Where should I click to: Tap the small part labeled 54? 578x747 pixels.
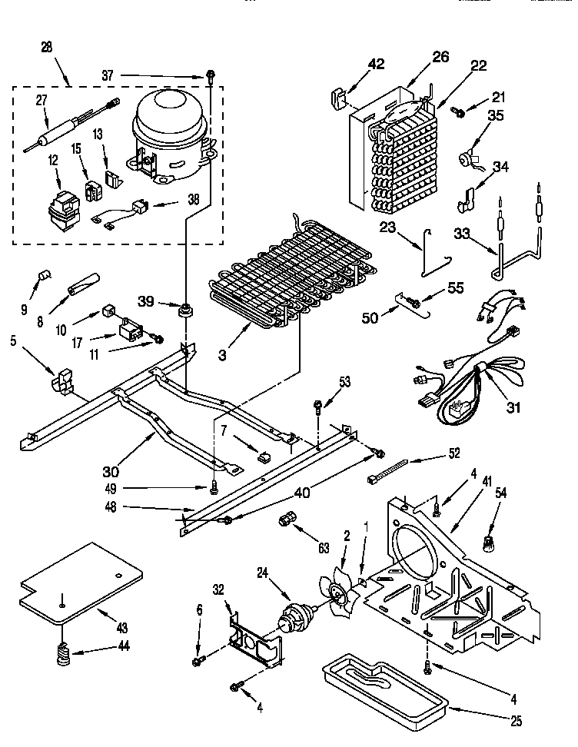(487, 543)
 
